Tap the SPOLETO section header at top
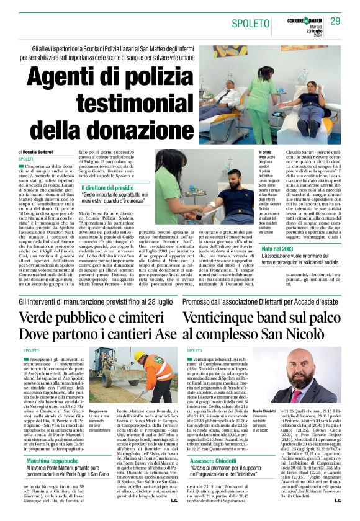coord(250,24)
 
